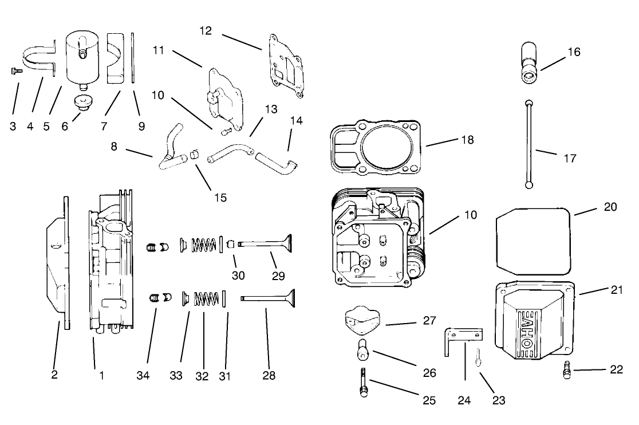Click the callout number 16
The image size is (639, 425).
(x=574, y=52)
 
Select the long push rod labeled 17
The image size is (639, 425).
(x=530, y=143)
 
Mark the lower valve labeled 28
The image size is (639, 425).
(x=269, y=298)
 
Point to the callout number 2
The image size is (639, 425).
(x=55, y=376)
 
